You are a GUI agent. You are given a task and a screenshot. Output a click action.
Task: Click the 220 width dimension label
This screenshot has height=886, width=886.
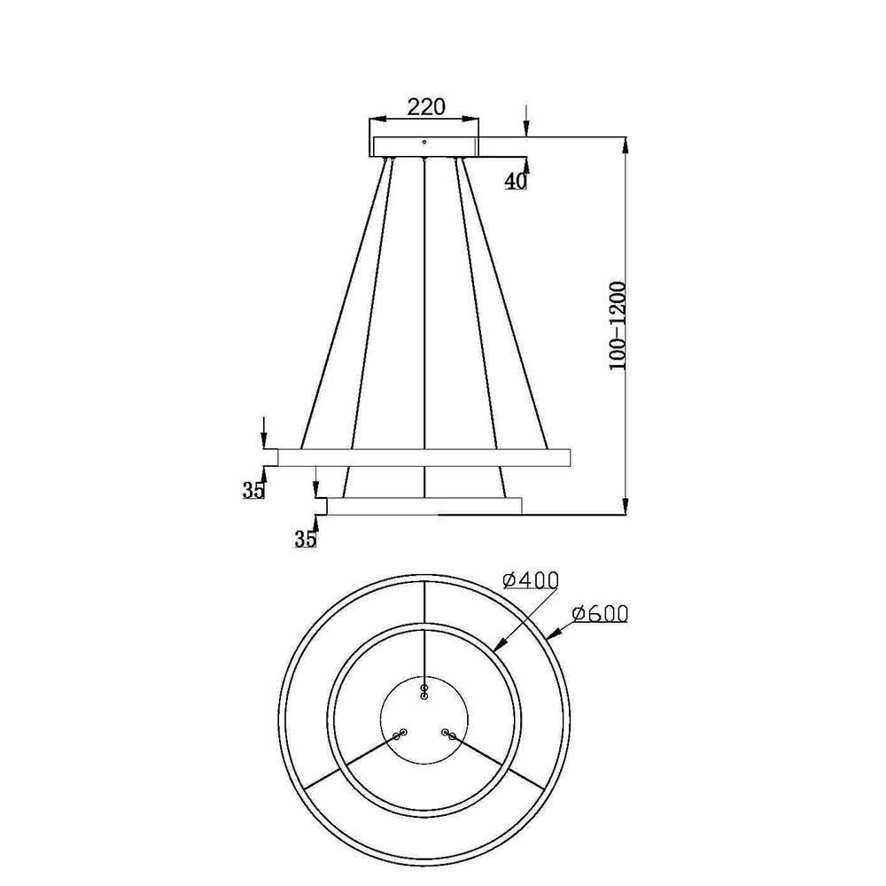(426, 106)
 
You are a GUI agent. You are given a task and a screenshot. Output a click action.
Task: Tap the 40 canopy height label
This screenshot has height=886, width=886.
(516, 181)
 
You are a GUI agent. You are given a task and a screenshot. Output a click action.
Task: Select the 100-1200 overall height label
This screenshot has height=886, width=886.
(618, 326)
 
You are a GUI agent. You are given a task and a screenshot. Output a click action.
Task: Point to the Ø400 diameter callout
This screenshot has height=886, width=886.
(531, 580)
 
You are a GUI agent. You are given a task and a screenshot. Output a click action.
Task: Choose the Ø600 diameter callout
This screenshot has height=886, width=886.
(600, 614)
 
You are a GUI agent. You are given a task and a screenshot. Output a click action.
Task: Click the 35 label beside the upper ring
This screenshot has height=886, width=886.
(253, 491)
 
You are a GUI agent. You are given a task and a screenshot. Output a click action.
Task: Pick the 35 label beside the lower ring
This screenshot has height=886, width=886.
(306, 540)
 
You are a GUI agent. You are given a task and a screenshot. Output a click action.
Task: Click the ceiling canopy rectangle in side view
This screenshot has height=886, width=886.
(424, 146)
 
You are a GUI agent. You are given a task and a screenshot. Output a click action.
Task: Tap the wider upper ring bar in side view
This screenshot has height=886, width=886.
(424, 458)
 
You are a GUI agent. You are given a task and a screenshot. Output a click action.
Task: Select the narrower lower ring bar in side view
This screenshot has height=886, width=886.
(424, 506)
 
